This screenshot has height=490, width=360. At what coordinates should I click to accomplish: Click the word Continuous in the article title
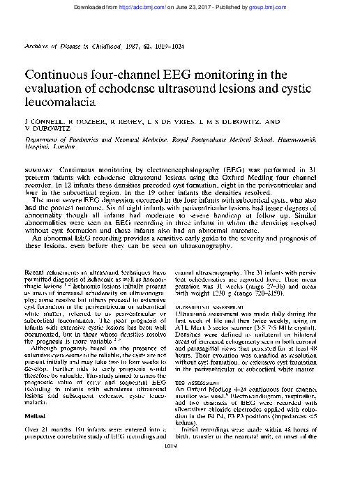[x=64, y=75]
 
